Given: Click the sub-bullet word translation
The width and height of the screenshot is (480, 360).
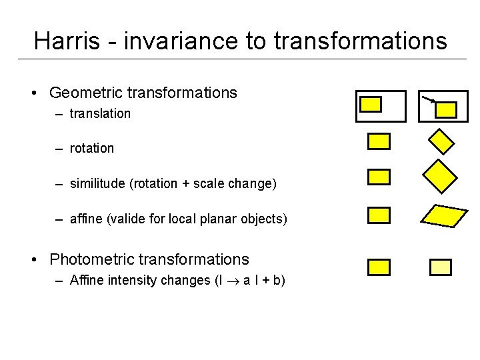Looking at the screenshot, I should tap(101, 114).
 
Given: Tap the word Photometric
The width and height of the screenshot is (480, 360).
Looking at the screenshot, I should tap(94, 259).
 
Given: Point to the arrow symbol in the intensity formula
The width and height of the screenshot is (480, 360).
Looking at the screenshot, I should tap(229, 281).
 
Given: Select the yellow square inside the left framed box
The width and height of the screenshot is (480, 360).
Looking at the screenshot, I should tap(371, 104).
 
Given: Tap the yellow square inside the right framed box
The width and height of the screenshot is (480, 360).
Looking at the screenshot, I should tap(446, 109).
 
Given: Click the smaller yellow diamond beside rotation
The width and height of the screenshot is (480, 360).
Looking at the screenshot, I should tap(440, 141).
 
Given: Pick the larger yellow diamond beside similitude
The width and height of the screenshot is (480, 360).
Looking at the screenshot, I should tap(440, 175).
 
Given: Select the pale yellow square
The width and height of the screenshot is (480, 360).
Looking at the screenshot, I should tap(440, 267).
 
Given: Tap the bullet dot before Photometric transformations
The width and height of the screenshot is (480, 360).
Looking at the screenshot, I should tap(41, 260).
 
